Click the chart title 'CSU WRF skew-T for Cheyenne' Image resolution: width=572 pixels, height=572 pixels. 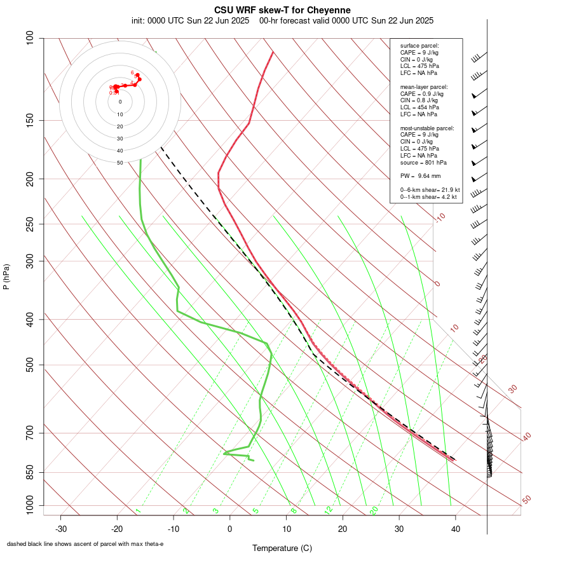tap(282, 10)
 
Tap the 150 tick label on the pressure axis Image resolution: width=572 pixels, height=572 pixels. tap(31, 120)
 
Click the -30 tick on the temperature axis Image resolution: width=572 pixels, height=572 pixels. tap(61, 528)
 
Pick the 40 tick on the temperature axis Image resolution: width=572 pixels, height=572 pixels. tap(456, 528)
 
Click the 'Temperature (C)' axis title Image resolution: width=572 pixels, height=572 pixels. tap(282, 548)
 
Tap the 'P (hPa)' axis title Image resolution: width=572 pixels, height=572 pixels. tap(6, 277)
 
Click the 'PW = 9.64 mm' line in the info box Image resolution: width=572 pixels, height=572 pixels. tap(420, 175)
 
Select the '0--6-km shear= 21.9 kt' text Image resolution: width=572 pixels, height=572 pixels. tap(430, 190)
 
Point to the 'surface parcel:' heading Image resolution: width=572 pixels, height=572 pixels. tap(419, 46)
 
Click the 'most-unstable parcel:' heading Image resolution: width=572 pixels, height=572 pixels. tap(427, 128)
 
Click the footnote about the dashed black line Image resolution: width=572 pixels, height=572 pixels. tap(85, 544)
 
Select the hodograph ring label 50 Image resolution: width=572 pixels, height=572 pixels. tap(120, 163)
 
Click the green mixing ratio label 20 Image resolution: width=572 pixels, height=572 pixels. tap(374, 510)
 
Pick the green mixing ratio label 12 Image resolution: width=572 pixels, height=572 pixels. tap(329, 510)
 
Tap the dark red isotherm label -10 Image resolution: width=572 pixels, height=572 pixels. tap(440, 217)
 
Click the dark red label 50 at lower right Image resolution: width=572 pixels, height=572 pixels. tap(526, 500)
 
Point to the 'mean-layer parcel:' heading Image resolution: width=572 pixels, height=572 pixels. tap(424, 86)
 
